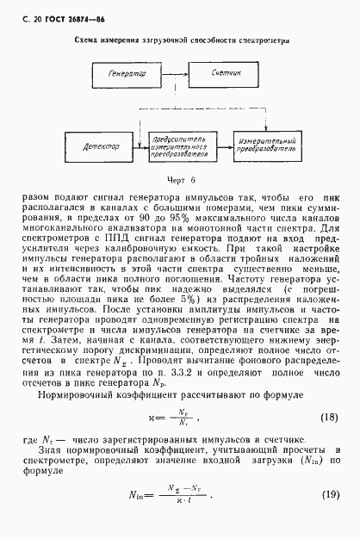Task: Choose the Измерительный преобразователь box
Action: pyautogui.click(x=267, y=147)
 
